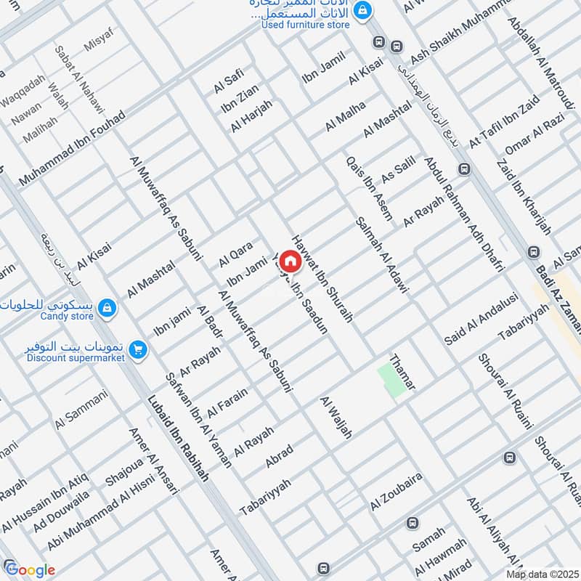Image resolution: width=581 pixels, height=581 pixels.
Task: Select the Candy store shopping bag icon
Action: click(x=107, y=309)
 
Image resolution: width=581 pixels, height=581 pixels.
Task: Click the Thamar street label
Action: click(x=402, y=373)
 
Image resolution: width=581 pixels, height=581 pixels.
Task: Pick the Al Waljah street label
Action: click(x=336, y=418)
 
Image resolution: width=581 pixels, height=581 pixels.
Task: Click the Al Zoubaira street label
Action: click(x=396, y=492)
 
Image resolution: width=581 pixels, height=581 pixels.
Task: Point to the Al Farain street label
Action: click(x=227, y=402)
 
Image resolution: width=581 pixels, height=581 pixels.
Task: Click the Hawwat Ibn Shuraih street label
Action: click(x=322, y=278)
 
